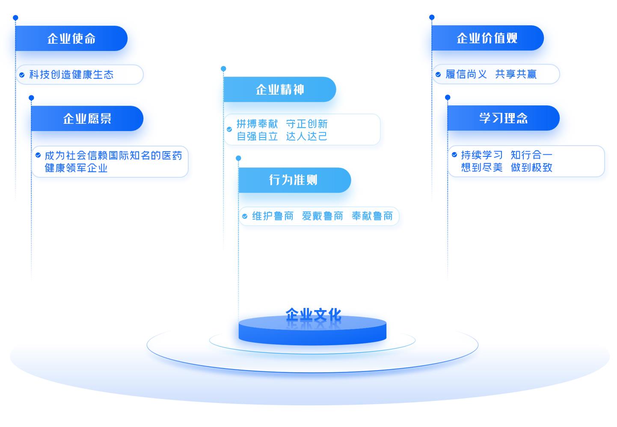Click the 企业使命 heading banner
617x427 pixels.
(71, 39)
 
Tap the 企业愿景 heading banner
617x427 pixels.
(87, 119)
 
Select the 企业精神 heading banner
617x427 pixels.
(279, 90)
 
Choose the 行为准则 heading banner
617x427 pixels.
(294, 180)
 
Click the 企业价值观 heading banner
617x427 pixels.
(487, 38)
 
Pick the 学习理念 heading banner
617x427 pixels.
(503, 118)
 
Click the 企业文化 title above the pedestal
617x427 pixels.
(313, 315)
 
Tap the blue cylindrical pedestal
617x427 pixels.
(312, 332)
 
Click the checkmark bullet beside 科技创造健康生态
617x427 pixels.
(22, 75)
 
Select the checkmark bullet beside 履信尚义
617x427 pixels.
(438, 75)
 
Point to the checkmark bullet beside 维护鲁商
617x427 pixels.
(245, 216)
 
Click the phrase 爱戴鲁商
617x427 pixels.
(322, 216)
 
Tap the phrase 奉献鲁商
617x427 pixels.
(372, 216)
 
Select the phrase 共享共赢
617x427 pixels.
(516, 75)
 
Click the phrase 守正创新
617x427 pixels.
(307, 124)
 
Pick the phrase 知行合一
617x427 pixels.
(531, 155)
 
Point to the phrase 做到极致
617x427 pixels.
(531, 167)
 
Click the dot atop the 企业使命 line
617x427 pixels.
(15, 18)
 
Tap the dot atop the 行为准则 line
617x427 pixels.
(238, 158)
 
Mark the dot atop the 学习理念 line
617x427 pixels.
(448, 98)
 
